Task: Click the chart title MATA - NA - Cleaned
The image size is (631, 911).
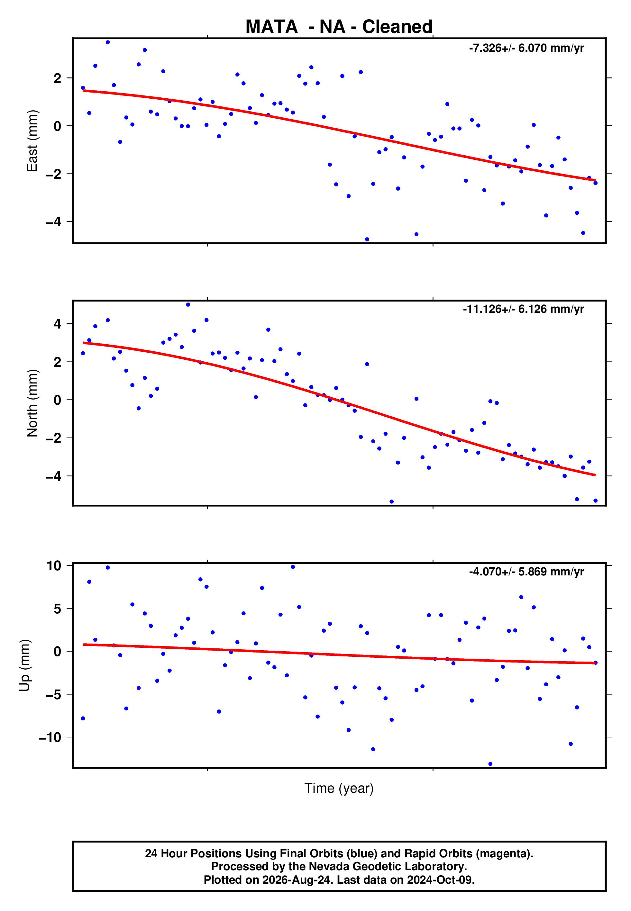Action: tap(339, 27)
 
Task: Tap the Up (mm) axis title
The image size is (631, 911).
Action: tap(24, 665)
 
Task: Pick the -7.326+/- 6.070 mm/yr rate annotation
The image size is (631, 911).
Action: tap(526, 48)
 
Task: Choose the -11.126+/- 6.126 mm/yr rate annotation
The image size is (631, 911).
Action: tap(524, 309)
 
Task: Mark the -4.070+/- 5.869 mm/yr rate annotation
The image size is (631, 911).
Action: tap(526, 572)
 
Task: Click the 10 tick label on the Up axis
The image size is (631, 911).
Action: tap(54, 566)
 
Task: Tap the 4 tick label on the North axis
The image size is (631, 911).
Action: tap(58, 324)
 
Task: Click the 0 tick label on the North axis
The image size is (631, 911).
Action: tap(58, 400)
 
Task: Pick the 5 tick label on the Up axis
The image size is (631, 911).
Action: tap(58, 609)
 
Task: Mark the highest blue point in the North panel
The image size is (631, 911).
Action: tap(188, 305)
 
